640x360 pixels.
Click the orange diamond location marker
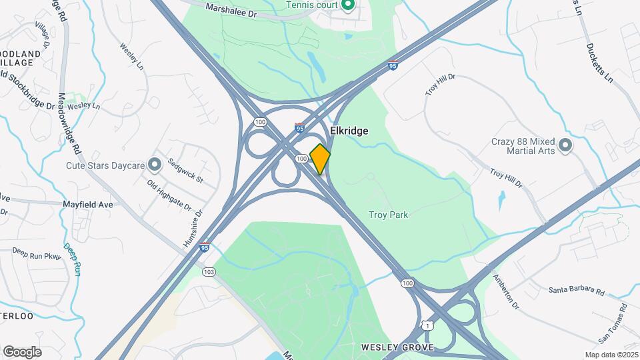pos(320,159)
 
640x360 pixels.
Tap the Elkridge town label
pos(349,131)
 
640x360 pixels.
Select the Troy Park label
pos(388,215)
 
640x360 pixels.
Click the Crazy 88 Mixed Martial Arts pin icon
pos(565,145)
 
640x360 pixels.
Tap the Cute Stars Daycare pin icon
pos(155,164)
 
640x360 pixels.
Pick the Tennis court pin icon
pos(347,6)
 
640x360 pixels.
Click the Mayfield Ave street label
pos(88,205)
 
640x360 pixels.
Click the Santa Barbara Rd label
pos(577,291)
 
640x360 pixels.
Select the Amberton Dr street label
pos(505,291)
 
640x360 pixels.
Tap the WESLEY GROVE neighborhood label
pos(397,347)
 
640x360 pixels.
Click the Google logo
pos(22,351)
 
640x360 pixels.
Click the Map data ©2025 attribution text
pos(611,355)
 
